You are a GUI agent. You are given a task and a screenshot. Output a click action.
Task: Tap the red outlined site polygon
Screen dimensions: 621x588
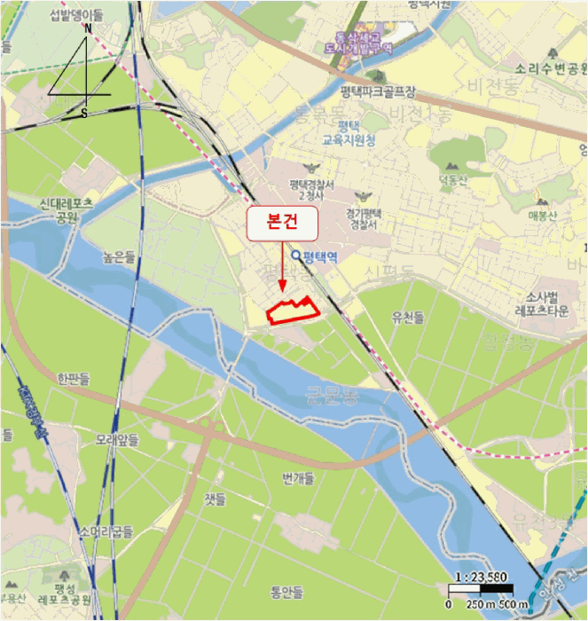point(293,311)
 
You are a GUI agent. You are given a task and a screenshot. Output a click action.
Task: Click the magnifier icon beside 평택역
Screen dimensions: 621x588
point(296,257)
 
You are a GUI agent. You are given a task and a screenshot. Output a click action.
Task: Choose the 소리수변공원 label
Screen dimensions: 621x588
point(550,68)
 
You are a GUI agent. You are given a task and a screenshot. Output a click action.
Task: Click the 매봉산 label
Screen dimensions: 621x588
point(540,214)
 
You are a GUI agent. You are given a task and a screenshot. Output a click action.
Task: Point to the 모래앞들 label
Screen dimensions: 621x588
point(117,440)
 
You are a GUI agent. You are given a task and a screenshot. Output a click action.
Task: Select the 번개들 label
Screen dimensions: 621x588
point(298,478)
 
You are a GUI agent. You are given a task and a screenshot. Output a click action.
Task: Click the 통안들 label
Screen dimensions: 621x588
point(286,592)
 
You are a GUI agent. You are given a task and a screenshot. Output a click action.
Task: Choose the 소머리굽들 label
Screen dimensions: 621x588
point(106,532)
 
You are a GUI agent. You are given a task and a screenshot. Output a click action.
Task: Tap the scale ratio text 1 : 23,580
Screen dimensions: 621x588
point(480,576)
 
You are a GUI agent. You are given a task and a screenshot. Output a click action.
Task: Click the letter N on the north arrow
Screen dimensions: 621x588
point(88,28)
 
